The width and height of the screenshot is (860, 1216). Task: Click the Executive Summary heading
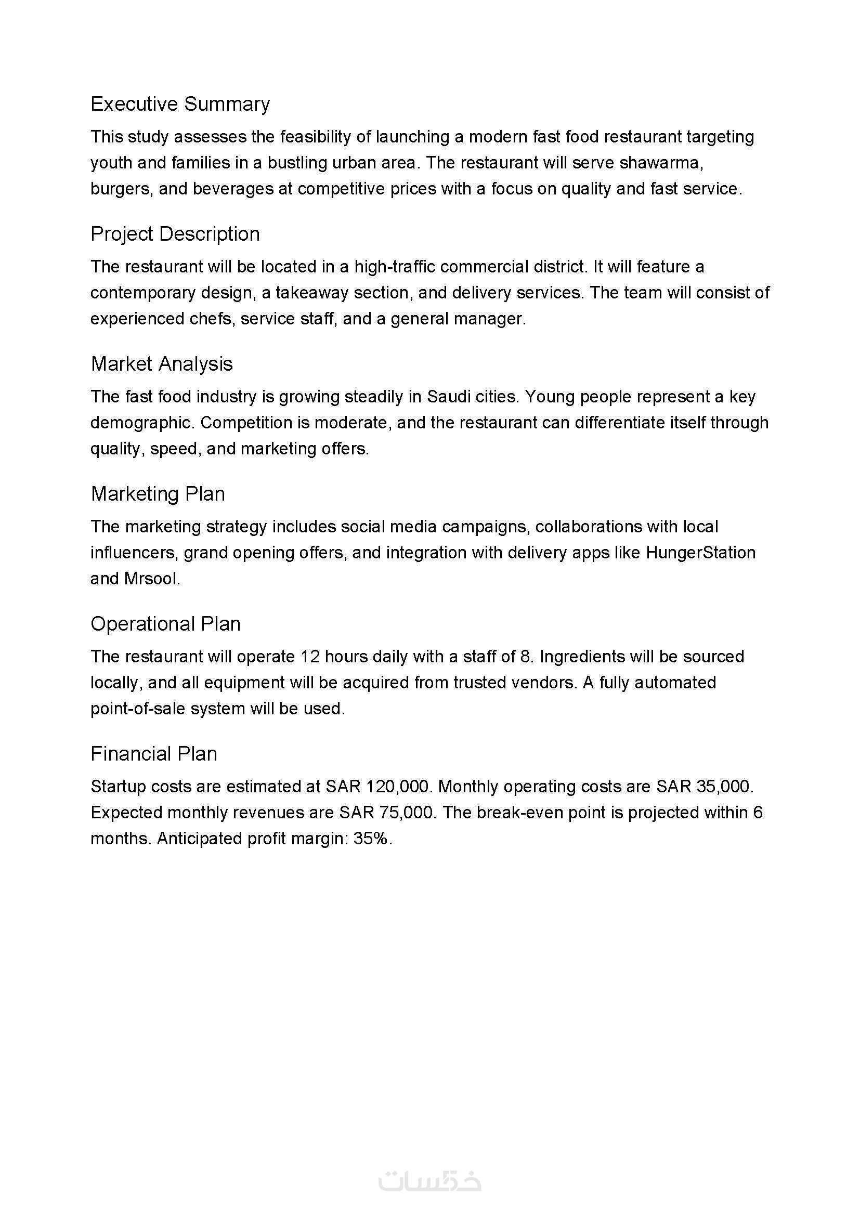click(x=180, y=104)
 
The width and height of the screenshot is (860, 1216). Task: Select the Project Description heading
click(x=175, y=233)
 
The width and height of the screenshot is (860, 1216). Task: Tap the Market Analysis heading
click(x=162, y=364)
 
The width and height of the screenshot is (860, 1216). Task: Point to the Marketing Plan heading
click(x=158, y=493)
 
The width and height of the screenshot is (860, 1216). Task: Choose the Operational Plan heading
click(x=165, y=624)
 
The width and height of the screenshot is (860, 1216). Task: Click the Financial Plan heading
click(x=153, y=754)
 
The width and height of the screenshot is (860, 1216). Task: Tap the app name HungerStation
click(x=700, y=553)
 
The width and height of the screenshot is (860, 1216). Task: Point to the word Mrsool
click(x=151, y=578)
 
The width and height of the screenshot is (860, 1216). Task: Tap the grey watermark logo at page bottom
click(x=429, y=1181)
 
